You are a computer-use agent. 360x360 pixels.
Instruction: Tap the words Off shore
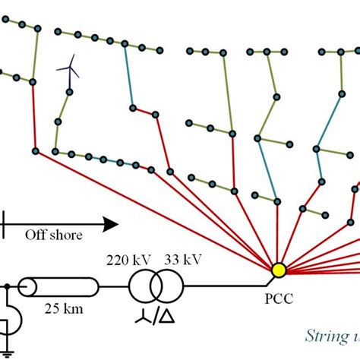[53, 235]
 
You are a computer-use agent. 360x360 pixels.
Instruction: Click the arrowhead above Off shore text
[111, 223]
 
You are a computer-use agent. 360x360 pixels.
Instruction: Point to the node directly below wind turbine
[69, 92]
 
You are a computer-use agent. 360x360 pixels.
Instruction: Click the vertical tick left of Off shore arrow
[5, 223]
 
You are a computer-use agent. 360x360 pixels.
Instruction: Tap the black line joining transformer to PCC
[228, 287]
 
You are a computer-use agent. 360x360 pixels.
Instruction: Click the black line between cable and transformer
[114, 287]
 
